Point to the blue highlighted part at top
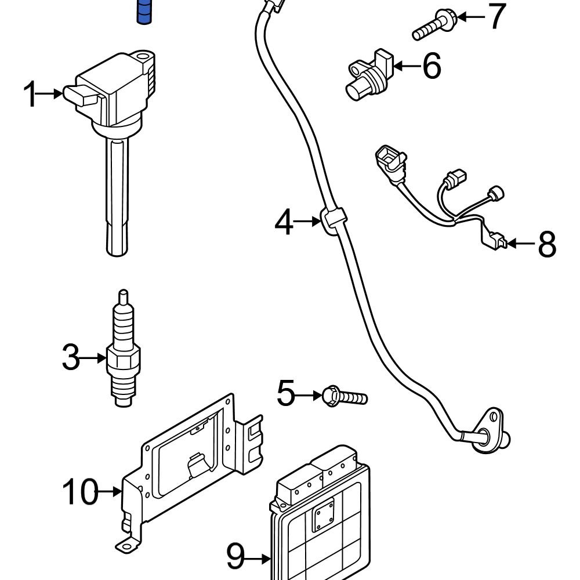pos(143,12)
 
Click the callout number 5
pos(287,394)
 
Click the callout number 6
pos(432,66)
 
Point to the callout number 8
pos(547,244)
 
